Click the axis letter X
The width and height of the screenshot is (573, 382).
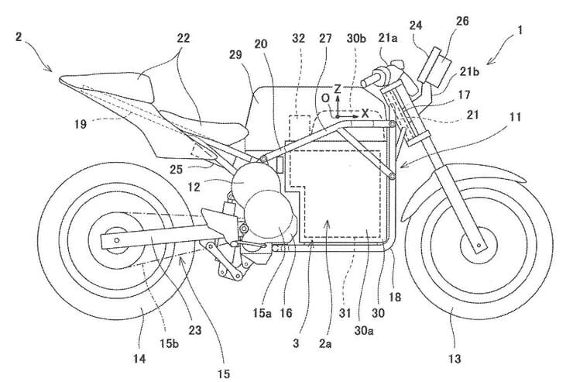(365, 112)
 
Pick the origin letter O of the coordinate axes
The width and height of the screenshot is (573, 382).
(327, 99)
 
